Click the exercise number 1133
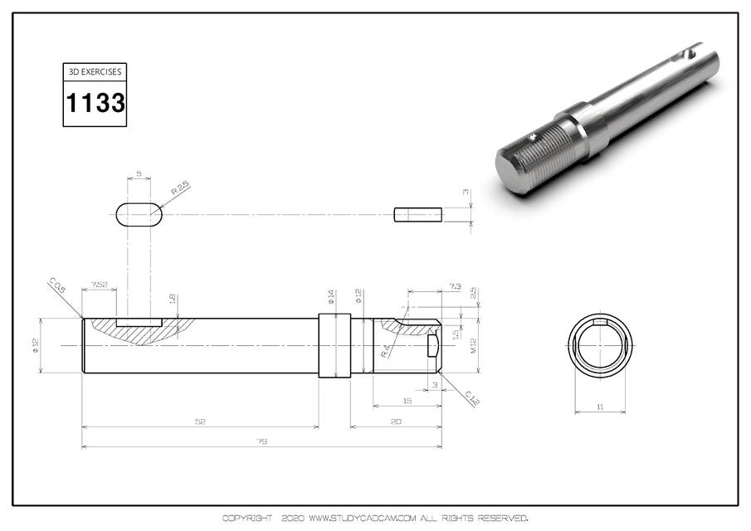coord(95,104)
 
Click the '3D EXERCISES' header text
coord(95,71)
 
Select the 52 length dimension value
coord(200,422)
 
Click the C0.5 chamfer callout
coord(56,287)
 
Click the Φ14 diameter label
coord(331,297)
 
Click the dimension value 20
coord(395,422)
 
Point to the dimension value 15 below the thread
coord(406,402)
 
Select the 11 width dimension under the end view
coord(600,407)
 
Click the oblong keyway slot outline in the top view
coord(139,214)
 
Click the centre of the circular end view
coord(600,344)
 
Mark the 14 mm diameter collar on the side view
coord(334,345)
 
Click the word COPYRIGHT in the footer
coord(246,519)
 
